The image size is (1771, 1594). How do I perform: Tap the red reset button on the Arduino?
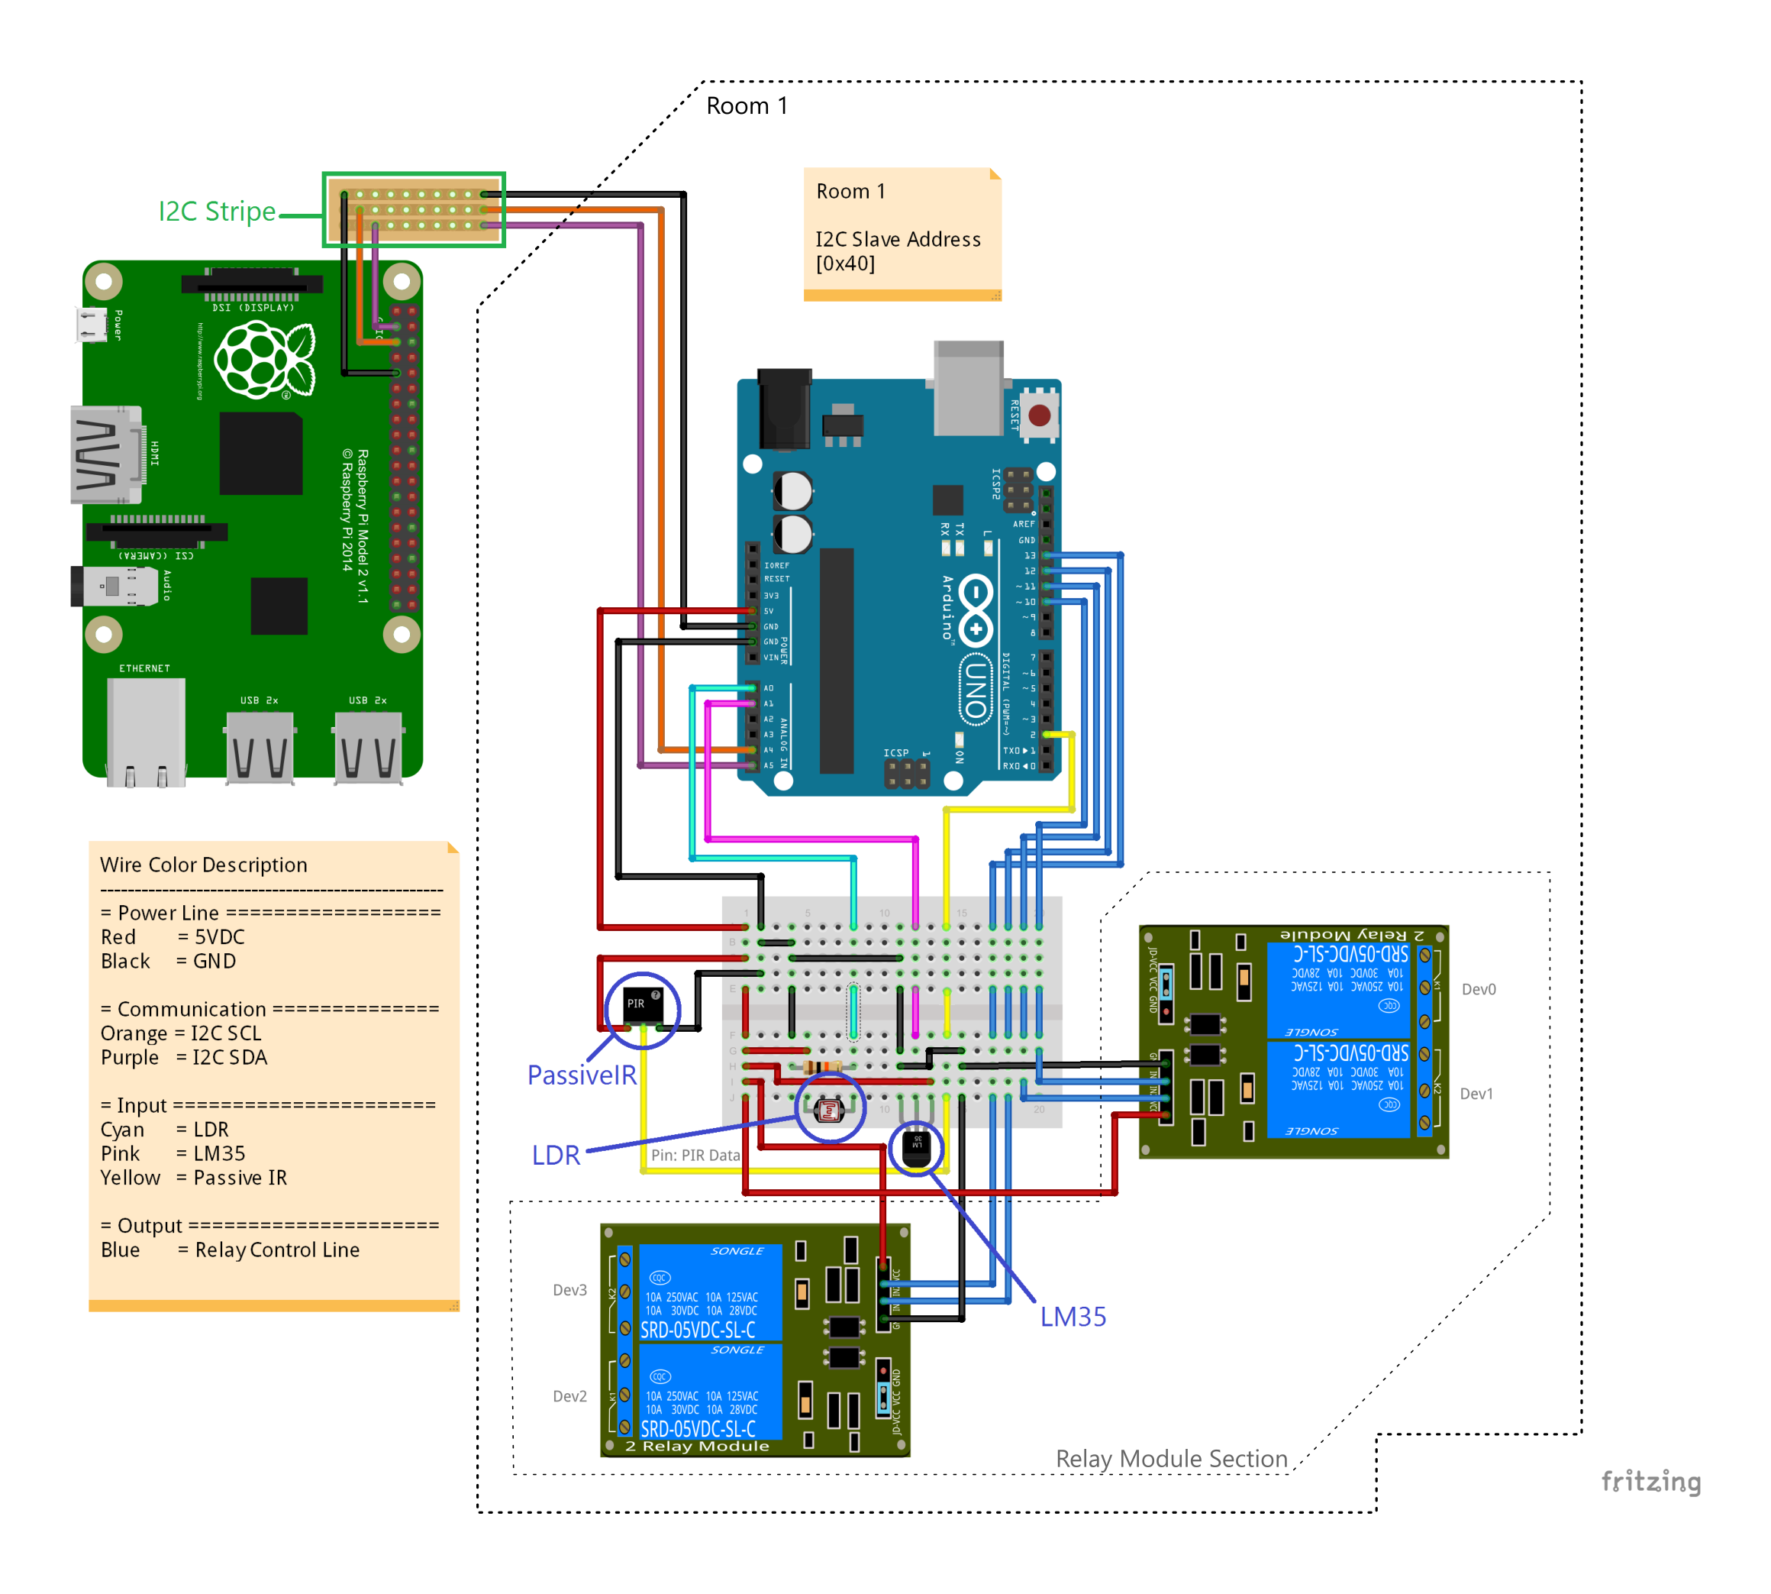coord(1039,415)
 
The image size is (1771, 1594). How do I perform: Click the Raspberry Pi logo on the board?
coord(263,360)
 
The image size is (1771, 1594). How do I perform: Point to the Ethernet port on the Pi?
coord(145,730)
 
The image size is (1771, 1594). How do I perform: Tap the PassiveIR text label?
coord(581,1075)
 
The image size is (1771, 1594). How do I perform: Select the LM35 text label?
coord(1073,1316)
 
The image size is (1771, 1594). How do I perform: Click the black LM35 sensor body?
coord(917,1148)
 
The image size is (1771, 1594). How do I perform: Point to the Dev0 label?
coord(1479,990)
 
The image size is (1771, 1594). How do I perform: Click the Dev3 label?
coord(569,1290)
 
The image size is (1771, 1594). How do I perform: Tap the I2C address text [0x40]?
coord(845,264)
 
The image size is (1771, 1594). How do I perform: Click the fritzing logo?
coord(1650,1481)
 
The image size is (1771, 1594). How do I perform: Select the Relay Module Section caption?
coord(1170,1458)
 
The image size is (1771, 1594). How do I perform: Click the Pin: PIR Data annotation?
coord(695,1156)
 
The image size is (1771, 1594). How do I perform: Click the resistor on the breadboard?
coord(821,1066)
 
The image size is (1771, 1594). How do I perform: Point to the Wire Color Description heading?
coord(203,865)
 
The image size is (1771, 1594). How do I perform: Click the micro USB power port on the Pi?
coord(91,324)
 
